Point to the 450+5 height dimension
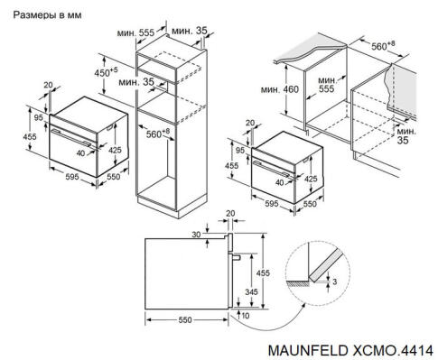click(106, 72)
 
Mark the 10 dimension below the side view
click(245, 318)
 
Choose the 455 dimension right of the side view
click(264, 272)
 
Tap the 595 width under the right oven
click(269, 204)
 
